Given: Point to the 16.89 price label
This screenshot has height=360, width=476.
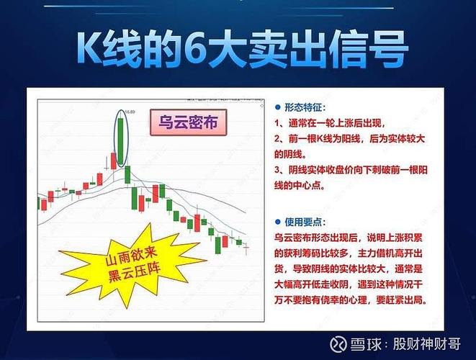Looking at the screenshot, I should click(x=130, y=112).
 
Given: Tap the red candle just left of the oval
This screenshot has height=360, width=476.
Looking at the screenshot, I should click(x=113, y=161).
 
